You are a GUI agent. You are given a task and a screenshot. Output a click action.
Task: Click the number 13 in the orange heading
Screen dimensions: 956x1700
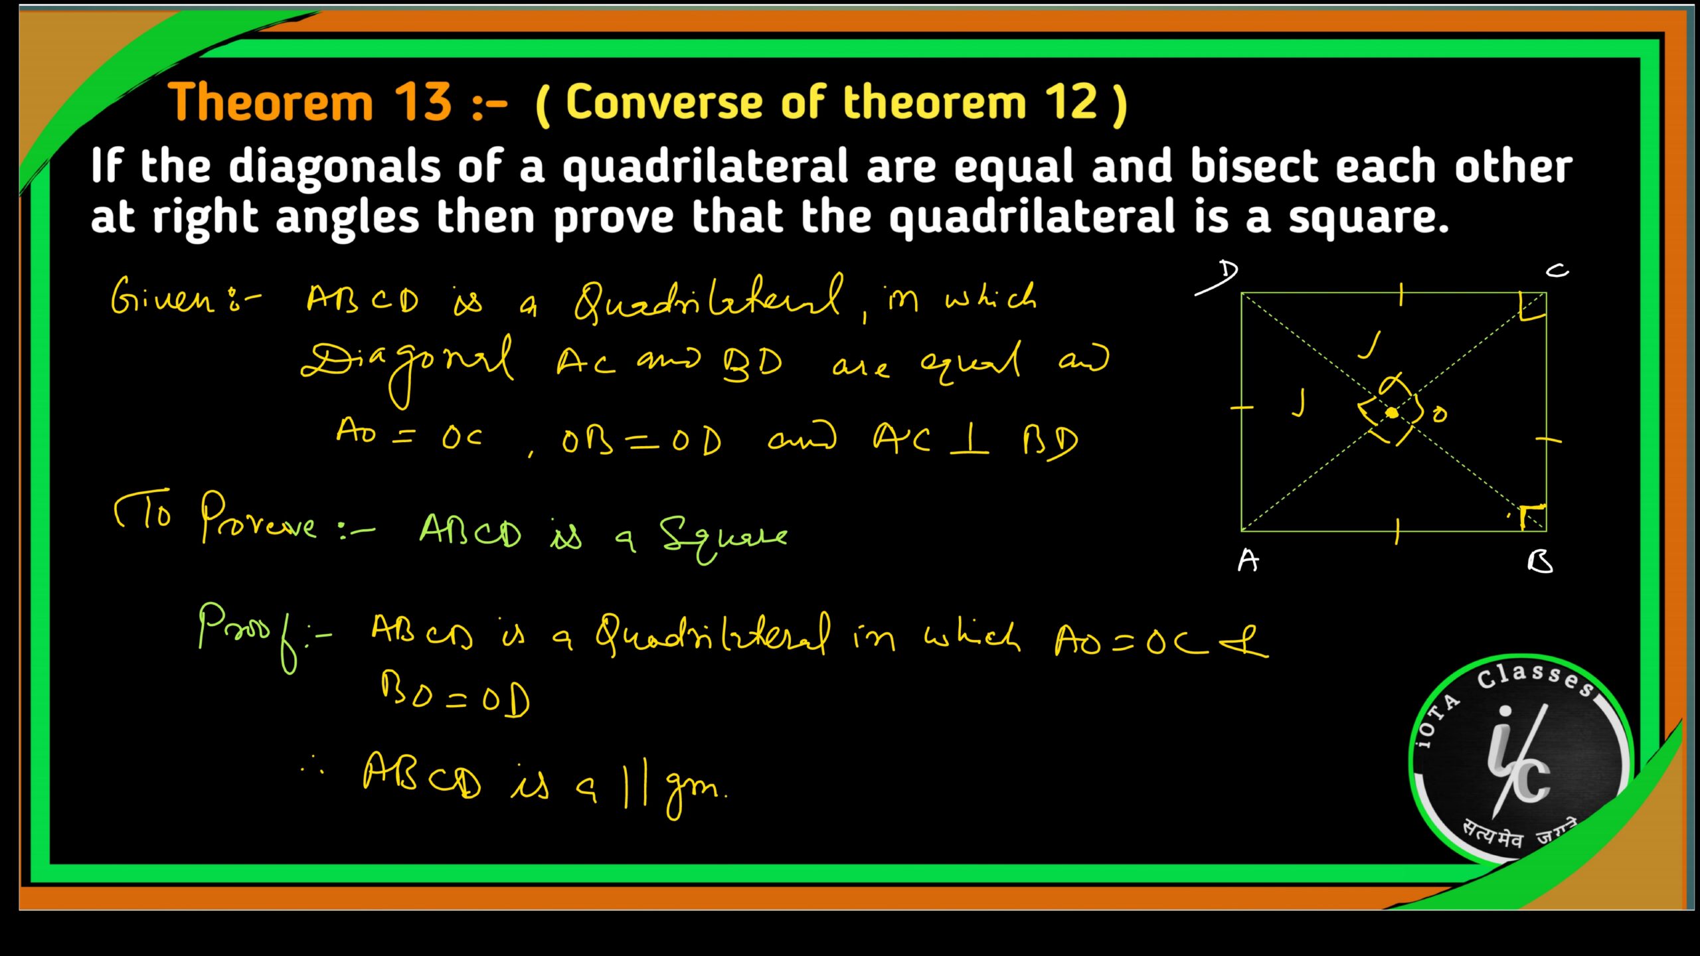click(x=423, y=102)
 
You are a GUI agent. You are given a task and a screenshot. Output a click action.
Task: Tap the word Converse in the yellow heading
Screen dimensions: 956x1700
click(x=663, y=102)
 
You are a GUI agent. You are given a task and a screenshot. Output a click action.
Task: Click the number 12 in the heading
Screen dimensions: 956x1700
click(x=1070, y=102)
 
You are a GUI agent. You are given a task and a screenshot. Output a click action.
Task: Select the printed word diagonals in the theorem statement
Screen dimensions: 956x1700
click(x=334, y=167)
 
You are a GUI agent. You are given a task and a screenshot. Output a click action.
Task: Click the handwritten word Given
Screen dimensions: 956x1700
click(x=163, y=297)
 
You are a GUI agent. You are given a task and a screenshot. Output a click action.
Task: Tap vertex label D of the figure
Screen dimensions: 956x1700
click(x=1228, y=272)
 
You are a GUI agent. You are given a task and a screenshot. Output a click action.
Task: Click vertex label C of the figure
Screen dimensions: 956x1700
click(x=1556, y=270)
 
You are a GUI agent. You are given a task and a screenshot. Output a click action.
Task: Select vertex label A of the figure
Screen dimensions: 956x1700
click(x=1248, y=561)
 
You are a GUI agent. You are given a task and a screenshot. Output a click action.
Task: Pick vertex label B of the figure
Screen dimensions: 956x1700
click(x=1540, y=562)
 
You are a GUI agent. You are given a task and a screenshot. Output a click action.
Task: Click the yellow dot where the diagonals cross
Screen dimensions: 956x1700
click(x=1392, y=413)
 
